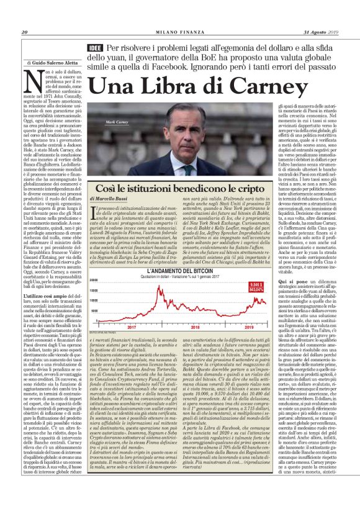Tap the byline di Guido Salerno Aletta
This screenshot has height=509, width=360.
point(53,63)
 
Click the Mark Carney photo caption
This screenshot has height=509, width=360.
point(117,122)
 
